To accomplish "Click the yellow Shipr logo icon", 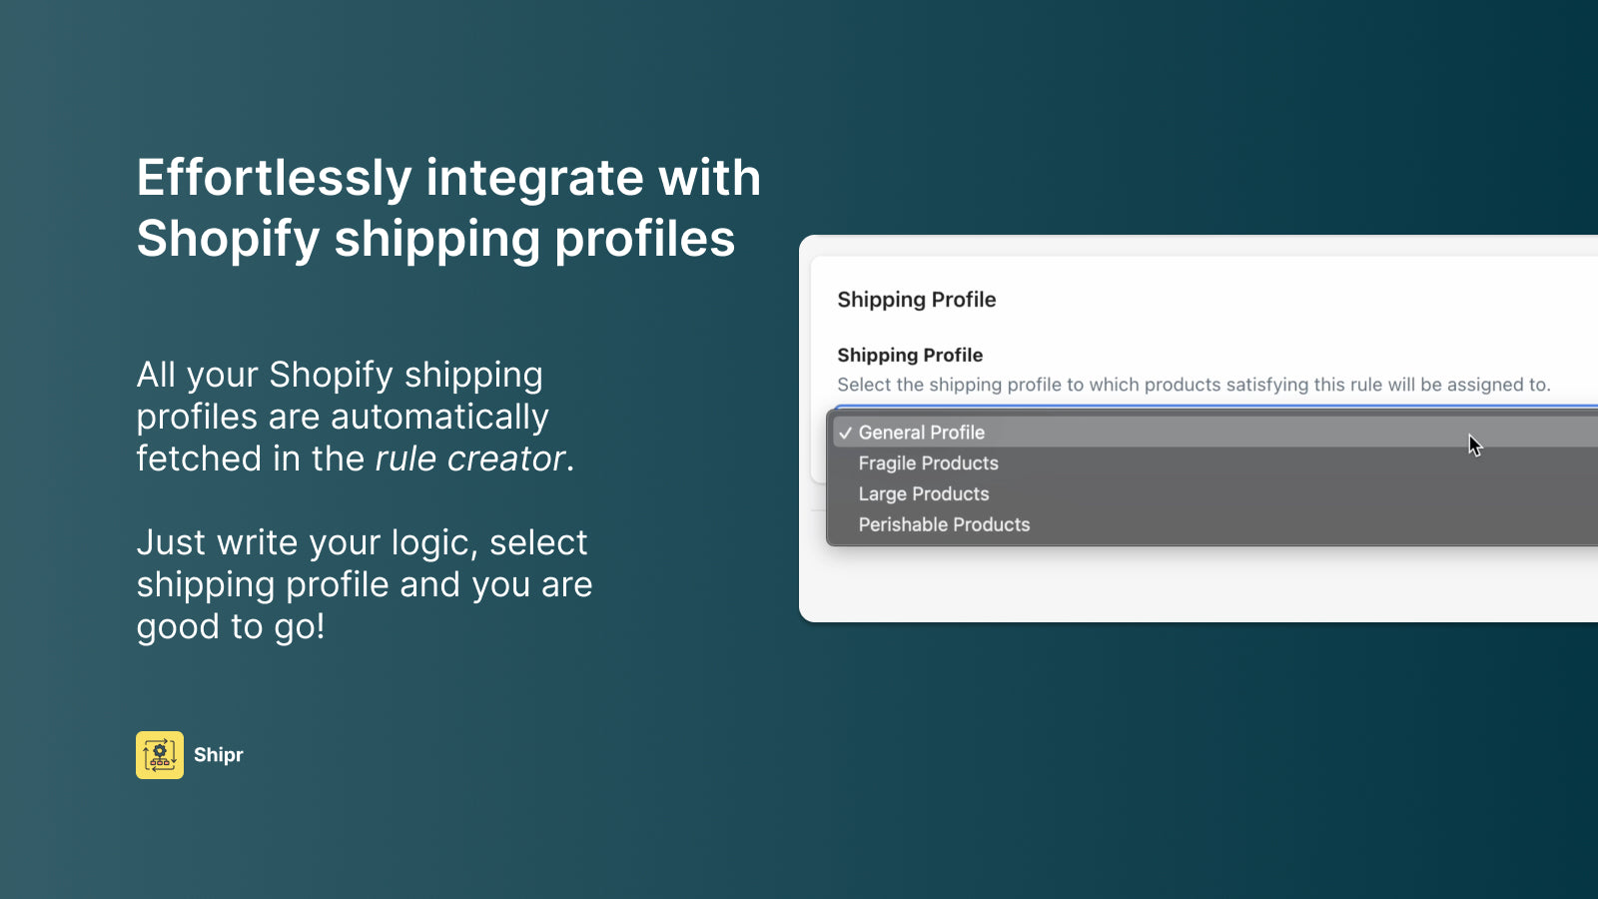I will pyautogui.click(x=160, y=755).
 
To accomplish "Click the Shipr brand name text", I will pyautogui.click(x=219, y=755).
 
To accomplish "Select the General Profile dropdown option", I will pyautogui.click(x=921, y=433).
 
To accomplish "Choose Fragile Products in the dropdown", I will pyautogui.click(x=928, y=463).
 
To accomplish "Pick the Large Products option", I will pyautogui.click(x=923, y=494).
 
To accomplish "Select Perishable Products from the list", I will pyautogui.click(x=944, y=525).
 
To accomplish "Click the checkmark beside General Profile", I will pyautogui.click(x=845, y=434).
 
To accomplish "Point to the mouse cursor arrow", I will pyautogui.click(x=1474, y=445).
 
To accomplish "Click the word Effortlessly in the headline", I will pyautogui.click(x=274, y=178).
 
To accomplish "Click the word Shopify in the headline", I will pyautogui.click(x=228, y=240).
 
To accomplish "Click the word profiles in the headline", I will pyautogui.click(x=644, y=240).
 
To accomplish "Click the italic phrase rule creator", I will pyautogui.click(x=469, y=458).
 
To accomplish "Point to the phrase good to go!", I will pyautogui.click(x=231, y=626).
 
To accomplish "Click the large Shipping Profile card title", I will pyautogui.click(x=916, y=300).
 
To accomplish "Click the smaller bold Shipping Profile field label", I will pyautogui.click(x=909, y=356).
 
